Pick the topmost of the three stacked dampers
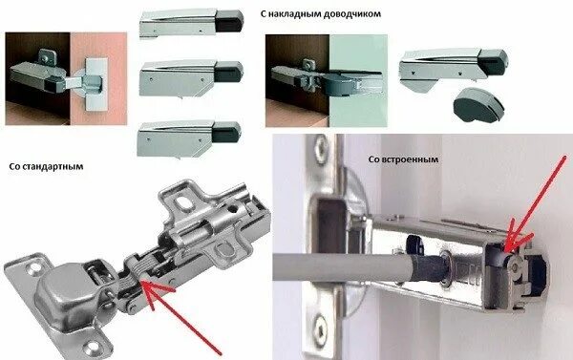188,23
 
